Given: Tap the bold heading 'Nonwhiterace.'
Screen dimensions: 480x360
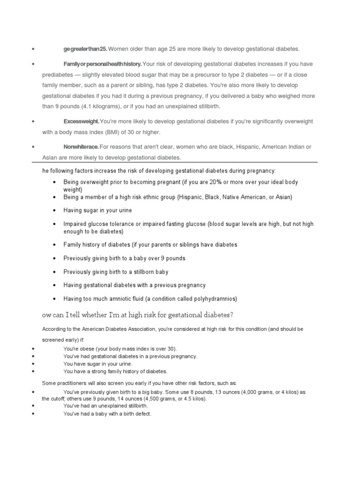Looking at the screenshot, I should pyautogui.click(x=81, y=147).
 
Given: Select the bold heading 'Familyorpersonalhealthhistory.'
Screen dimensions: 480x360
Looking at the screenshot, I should pyautogui.click(x=103, y=64).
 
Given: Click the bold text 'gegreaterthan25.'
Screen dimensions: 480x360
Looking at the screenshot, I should pyautogui.click(x=86, y=49).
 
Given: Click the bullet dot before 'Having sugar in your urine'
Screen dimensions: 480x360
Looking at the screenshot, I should pyautogui.click(x=55, y=210).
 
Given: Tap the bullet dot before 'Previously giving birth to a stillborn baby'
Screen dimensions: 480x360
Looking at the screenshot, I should pyautogui.click(x=55, y=272).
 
